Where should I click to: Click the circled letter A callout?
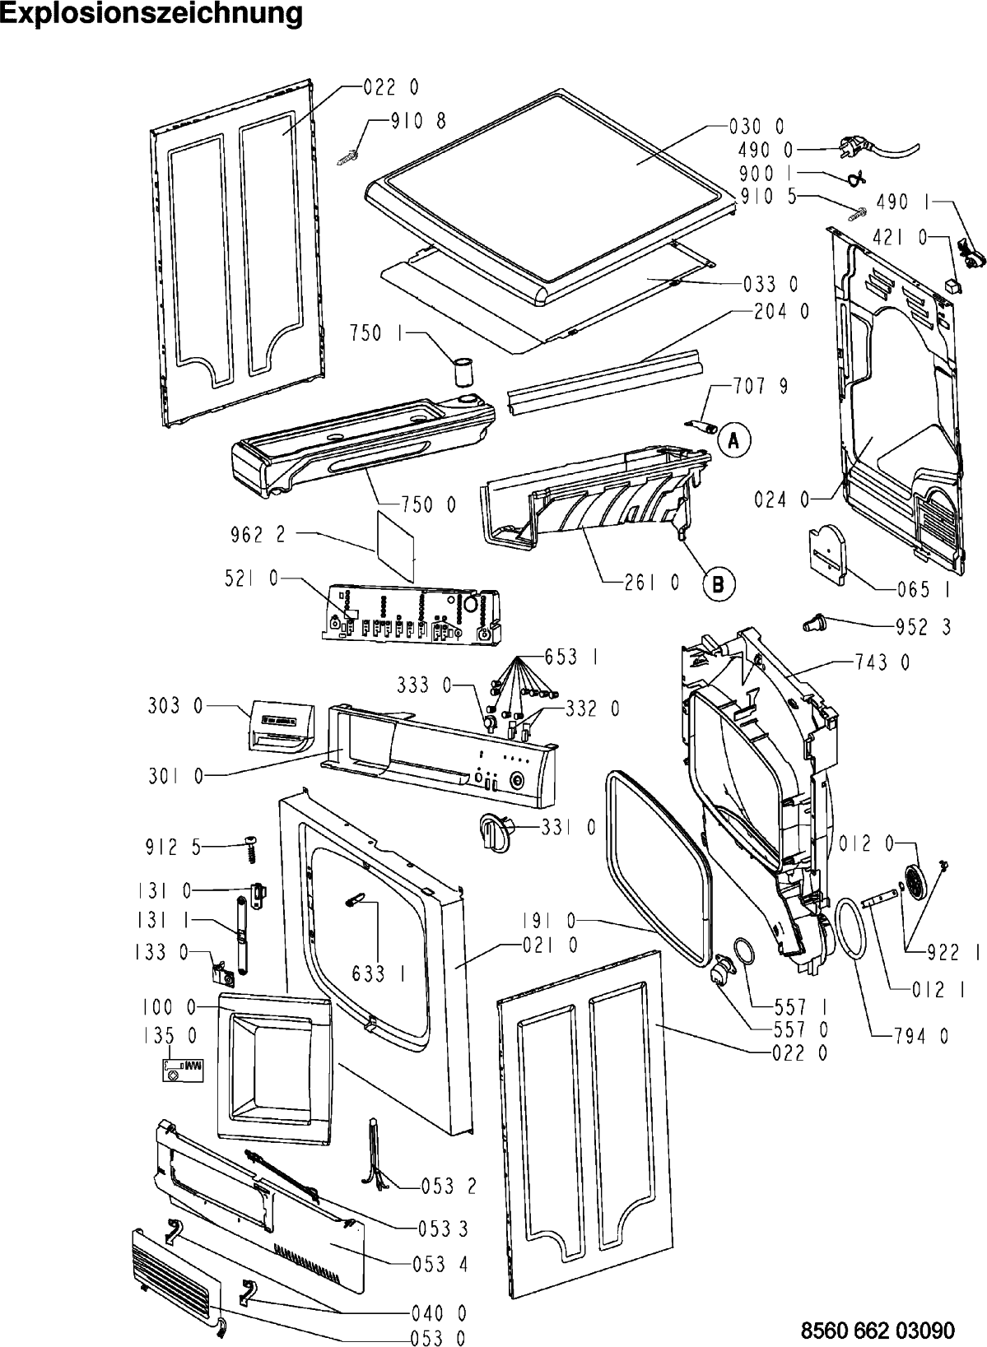[x=733, y=441]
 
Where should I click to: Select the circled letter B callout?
[x=719, y=583]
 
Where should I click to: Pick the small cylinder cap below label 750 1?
[x=463, y=372]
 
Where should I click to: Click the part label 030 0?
[x=757, y=126]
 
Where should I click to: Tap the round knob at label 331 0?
[x=495, y=832]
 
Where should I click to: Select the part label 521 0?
[x=251, y=578]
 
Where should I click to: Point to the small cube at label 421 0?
[x=952, y=285]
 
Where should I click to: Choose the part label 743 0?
[x=882, y=663]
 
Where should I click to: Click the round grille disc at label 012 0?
[x=918, y=884]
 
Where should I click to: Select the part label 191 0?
[x=548, y=921]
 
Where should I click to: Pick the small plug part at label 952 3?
[x=814, y=623]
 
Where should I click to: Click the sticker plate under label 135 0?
[x=183, y=1069]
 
